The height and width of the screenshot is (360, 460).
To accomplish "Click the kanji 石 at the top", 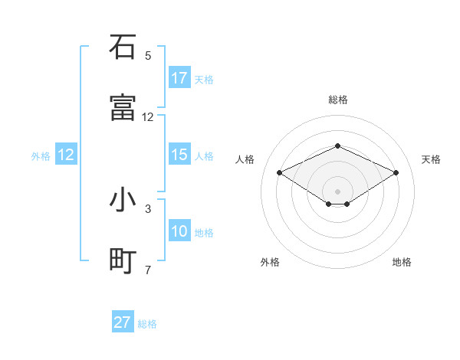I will click(123, 47).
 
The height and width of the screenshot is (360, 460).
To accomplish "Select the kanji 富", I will click(123, 108).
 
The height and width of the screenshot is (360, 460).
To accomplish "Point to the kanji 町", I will click(123, 261).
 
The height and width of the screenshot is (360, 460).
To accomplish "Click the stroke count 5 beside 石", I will click(148, 56).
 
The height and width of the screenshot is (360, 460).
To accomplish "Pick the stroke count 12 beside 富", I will click(148, 117).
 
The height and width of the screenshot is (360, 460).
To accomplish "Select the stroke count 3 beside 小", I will click(148, 208).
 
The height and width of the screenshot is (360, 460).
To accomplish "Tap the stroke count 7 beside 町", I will click(148, 270).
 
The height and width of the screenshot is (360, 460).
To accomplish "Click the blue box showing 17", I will click(179, 78).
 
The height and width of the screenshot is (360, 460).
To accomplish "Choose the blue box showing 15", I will click(179, 155).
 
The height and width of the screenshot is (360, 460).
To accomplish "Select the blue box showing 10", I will click(179, 231).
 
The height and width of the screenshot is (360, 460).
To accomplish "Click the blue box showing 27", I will click(123, 322).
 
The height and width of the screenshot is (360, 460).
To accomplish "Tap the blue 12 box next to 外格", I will click(66, 155).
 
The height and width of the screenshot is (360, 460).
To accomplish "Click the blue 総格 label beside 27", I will click(147, 324).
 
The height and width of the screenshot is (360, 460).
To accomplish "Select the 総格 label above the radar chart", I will click(338, 100).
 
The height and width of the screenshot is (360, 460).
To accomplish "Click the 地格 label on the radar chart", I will click(402, 263).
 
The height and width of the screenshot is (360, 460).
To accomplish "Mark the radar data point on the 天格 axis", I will click(396, 172).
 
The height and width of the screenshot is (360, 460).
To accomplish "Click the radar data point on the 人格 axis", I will click(279, 172).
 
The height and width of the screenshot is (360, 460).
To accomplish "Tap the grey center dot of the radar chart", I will click(337, 191).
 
